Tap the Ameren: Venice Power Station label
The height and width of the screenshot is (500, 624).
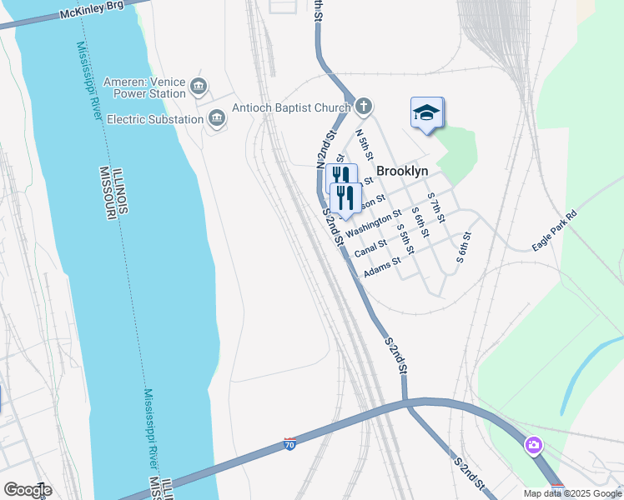(145, 87)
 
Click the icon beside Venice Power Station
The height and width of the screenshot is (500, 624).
(199, 86)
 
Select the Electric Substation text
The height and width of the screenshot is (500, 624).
(155, 119)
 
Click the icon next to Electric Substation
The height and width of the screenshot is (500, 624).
(217, 118)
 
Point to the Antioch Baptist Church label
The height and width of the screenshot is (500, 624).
(291, 107)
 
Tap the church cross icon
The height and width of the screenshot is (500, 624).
(363, 106)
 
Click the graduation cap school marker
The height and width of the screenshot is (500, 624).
(426, 113)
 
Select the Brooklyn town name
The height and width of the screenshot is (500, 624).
(402, 171)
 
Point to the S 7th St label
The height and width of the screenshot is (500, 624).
(435, 207)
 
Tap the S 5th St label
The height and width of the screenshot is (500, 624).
(405, 239)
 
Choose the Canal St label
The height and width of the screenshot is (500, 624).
(370, 247)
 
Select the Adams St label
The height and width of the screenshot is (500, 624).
(383, 267)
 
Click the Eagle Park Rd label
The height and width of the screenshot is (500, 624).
(554, 231)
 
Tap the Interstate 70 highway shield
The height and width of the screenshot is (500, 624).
(289, 443)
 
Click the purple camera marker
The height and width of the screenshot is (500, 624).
(533, 446)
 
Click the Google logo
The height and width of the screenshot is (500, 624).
(28, 490)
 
